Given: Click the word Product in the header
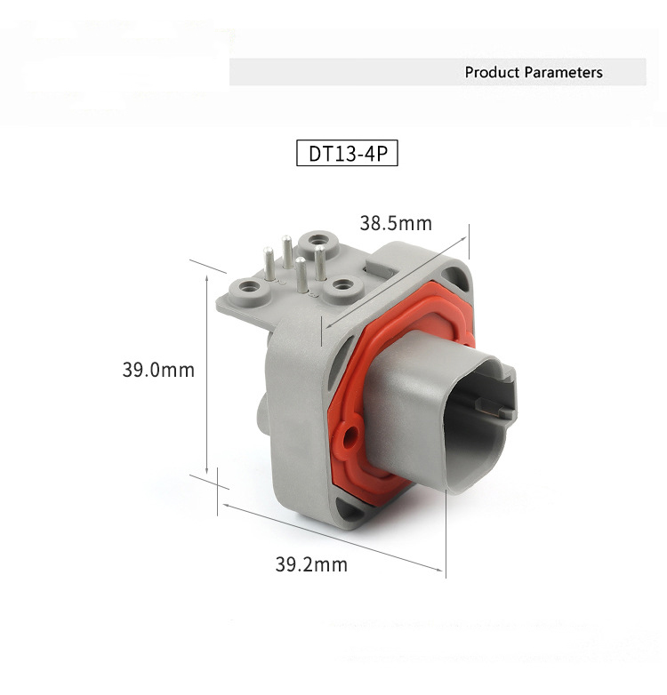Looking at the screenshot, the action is coord(492,72).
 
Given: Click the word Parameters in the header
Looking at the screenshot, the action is coord(563,72).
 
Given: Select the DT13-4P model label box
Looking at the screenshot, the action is coord(347,154).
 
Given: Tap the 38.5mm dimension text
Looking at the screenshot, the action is coord(396,223).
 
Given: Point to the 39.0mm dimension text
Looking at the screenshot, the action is coord(158,370).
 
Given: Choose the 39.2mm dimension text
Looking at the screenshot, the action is coord(311,564).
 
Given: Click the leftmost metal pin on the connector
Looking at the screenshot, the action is coord(269,264).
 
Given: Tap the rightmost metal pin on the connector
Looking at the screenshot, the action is coord(320,263).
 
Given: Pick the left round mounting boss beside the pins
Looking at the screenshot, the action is coord(249,290).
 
